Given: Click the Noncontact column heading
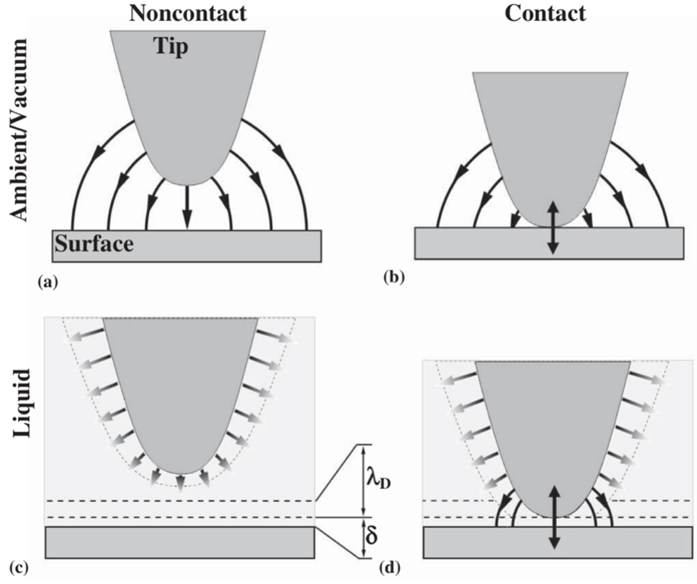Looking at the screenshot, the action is coord(188,14).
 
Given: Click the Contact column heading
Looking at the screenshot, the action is coord(546,14).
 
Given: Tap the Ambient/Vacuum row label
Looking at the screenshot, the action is coord(19,130).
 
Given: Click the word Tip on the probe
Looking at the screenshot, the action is coord(171,46).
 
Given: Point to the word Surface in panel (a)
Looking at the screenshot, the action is coord(94,244).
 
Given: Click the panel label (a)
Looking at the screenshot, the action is coord(48,282).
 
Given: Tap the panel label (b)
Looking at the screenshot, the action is coord(394,278).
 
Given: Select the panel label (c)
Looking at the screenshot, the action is coord(19,568).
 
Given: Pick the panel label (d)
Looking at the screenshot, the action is coord(390,567).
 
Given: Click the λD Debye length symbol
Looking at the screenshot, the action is coord(379,482).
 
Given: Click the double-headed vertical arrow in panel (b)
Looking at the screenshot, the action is coord(552,228).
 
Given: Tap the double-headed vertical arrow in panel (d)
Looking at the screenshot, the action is coord(554,517).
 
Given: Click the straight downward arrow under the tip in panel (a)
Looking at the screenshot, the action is coord(188,207).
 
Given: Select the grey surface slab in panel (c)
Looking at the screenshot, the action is coord(180,542).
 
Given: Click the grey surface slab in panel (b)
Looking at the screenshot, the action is coord(550,243).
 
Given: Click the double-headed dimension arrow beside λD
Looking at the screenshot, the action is coord(365,480).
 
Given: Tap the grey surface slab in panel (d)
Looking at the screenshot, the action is coord(558,542).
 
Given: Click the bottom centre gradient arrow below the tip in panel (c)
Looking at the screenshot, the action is coord(179,483).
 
